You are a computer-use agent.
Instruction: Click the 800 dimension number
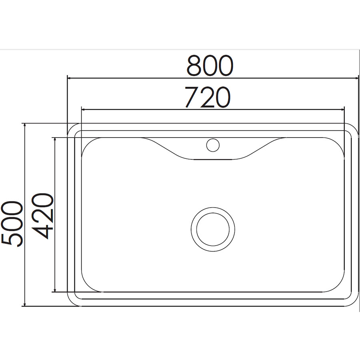pyautogui.click(x=210, y=66)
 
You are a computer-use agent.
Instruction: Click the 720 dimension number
pyautogui.click(x=207, y=97)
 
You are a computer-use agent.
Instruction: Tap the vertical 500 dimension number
pyautogui.click(x=12, y=224)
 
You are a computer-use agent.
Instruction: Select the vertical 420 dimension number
pyautogui.click(x=42, y=216)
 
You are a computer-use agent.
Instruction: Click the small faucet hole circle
pyautogui.click(x=213, y=145)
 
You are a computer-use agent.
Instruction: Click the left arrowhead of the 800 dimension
pyautogui.click(x=69, y=78)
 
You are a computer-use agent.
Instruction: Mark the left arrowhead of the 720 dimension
pyautogui.click(x=84, y=110)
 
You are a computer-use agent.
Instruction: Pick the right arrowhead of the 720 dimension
pyautogui.click(x=342, y=110)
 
